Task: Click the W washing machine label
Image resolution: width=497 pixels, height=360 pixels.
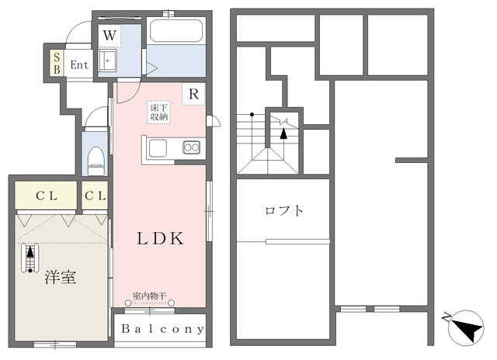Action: (110, 36)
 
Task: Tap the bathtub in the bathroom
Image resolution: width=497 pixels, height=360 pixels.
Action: (176, 31)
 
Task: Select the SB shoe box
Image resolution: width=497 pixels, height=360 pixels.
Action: (57, 63)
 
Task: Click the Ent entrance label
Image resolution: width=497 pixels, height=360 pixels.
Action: (79, 65)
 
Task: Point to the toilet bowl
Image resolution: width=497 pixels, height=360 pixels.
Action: (96, 161)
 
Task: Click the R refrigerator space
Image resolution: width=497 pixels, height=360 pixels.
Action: (193, 94)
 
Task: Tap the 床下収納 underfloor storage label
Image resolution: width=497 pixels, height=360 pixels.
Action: (159, 112)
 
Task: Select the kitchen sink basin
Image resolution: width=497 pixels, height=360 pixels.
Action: (158, 148)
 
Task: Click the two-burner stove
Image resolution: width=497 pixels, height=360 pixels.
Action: (192, 147)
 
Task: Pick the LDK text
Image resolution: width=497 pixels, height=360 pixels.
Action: (160, 238)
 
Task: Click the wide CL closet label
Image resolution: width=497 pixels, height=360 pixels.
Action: (47, 196)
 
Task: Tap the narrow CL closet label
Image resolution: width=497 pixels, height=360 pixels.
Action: (95, 196)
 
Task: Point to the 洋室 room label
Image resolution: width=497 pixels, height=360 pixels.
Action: (61, 277)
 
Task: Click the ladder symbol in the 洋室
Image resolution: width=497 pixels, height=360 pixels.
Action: (30, 258)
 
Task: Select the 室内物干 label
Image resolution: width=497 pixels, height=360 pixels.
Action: (149, 296)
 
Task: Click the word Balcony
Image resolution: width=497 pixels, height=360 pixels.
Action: (162, 329)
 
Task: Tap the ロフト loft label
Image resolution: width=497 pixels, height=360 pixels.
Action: (284, 210)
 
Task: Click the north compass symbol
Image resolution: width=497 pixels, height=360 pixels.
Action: (466, 327)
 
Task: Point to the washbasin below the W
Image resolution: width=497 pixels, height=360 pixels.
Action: (107, 61)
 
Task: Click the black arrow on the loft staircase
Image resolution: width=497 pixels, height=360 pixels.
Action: (283, 133)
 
